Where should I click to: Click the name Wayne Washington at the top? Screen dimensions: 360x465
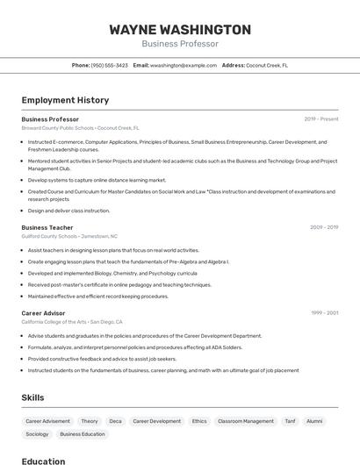click(180, 29)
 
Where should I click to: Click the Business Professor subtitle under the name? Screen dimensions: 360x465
click(180, 44)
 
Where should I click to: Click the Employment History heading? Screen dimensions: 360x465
click(65, 100)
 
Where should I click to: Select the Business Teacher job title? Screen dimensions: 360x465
click(47, 227)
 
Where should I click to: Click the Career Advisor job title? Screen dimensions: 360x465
click(43, 312)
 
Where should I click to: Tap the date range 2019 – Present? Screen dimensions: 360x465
click(321, 119)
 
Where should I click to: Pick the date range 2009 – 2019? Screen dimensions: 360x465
click(324, 227)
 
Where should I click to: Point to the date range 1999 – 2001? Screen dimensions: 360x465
click(324, 312)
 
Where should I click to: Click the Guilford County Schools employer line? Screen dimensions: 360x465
click(69, 236)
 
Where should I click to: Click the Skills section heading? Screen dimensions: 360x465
click(32, 397)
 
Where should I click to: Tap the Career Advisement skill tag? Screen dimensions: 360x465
click(47, 421)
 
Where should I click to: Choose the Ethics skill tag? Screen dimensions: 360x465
click(199, 421)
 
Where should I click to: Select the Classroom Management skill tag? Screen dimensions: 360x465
click(246, 421)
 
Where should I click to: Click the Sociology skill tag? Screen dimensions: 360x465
click(37, 434)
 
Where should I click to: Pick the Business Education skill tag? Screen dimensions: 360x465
click(83, 434)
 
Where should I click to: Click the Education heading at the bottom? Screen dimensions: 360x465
click(43, 461)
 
